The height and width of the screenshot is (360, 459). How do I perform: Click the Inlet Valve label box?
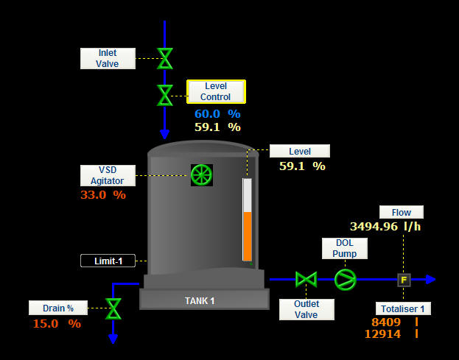click(108, 58)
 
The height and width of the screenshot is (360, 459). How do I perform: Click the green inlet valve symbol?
click(165, 58)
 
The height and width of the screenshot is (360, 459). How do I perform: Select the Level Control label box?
click(216, 91)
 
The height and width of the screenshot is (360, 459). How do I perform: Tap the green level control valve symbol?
click(165, 95)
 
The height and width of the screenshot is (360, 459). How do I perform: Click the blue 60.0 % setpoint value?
click(217, 113)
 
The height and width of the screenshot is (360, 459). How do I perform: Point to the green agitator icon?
click(201, 174)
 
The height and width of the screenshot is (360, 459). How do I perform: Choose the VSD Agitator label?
click(108, 175)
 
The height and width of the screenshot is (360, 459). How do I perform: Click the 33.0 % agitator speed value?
click(102, 195)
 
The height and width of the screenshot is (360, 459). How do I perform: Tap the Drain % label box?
click(58, 307)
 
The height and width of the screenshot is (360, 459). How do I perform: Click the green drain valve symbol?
click(113, 308)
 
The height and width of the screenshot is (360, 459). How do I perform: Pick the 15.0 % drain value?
click(56, 323)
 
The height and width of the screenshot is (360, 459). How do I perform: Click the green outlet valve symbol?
click(306, 279)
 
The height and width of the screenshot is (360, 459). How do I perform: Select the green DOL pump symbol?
click(344, 279)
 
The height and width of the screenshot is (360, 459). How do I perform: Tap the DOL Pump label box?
click(344, 248)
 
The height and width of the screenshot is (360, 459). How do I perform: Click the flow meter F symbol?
click(403, 280)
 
